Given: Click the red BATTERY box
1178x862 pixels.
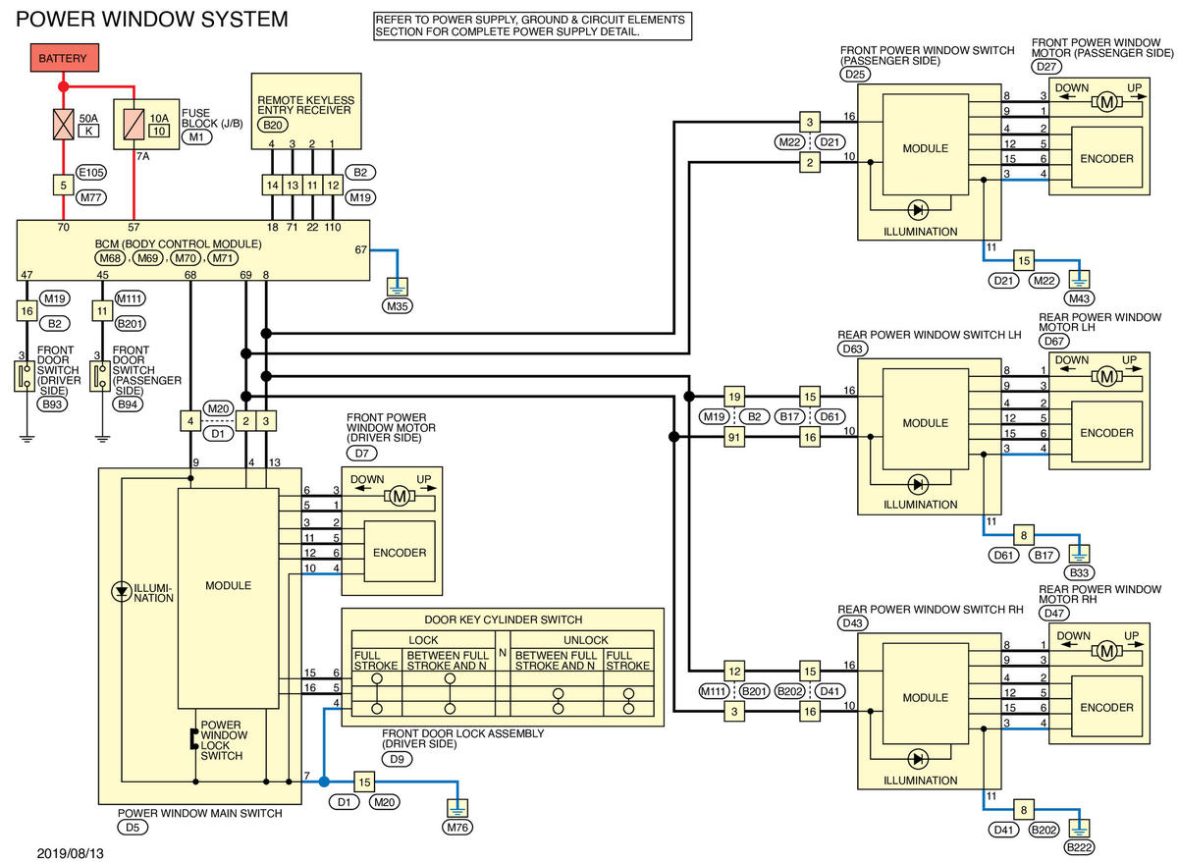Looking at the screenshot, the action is point(64,58).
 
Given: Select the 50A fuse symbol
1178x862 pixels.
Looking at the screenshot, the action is point(64,125).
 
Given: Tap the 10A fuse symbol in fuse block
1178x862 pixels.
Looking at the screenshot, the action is point(134,125).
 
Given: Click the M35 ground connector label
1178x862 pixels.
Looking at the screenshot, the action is point(397,306).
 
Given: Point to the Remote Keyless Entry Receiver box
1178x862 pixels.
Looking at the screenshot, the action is point(306,111).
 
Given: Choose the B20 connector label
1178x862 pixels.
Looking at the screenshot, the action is point(273,125).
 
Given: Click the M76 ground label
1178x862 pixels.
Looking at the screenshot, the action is point(457,828).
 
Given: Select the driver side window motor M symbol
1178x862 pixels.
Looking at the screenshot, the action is point(400,496).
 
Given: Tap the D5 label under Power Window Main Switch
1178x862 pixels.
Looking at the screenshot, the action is point(133,828).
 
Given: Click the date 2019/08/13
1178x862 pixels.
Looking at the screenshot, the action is point(70,853).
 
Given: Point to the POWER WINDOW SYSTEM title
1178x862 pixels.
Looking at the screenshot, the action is point(152,20).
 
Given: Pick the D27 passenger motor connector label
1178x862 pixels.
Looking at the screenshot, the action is point(1046,67).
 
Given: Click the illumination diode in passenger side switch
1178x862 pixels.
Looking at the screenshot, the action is point(918,210).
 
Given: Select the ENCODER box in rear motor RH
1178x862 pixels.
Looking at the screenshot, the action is point(1106,707).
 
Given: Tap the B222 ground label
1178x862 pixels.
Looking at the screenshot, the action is point(1079,847).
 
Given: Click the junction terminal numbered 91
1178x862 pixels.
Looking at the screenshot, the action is point(734,437).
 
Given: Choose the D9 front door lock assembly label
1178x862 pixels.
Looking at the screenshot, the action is point(397,759).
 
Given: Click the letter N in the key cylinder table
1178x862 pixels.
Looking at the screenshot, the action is point(503,653).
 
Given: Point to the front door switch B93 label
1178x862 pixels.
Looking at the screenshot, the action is point(52,404).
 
